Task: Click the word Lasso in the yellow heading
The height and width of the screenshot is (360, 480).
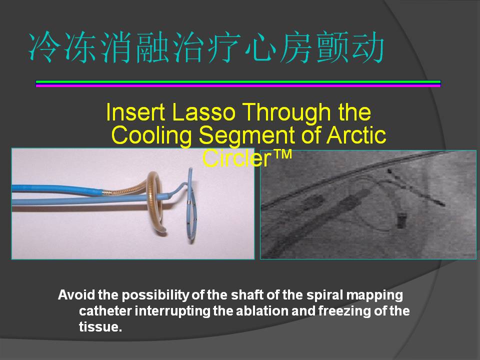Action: pos(204,112)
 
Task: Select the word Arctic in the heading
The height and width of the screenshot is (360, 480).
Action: pos(356,135)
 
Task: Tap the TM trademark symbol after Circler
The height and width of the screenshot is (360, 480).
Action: pos(281,154)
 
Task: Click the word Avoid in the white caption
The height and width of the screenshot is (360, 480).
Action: pos(76,295)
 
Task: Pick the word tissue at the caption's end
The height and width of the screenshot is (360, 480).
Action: pos(100,326)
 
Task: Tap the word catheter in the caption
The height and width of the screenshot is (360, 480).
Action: pos(105,310)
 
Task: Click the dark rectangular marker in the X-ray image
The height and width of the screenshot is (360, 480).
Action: pos(401,220)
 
